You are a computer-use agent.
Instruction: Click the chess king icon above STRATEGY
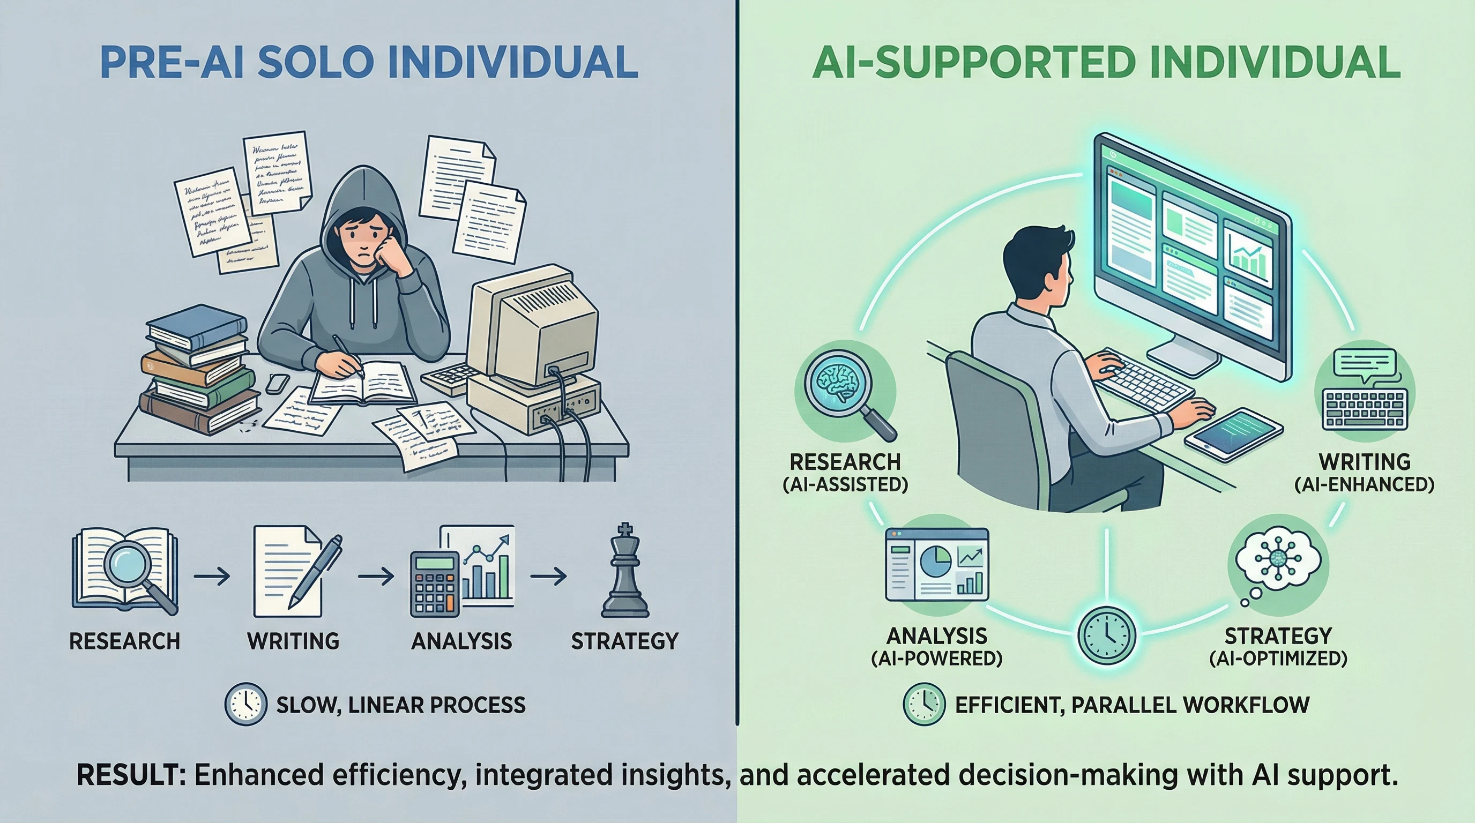(625, 572)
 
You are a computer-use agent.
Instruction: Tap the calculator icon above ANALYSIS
(435, 584)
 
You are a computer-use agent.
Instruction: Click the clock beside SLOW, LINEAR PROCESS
(245, 704)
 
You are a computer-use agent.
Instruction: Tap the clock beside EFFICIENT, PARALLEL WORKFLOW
(923, 704)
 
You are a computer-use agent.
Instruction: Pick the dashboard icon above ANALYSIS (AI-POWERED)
(937, 564)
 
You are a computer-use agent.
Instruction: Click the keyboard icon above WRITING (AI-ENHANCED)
(1365, 409)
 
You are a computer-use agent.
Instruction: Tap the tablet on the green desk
(1233, 433)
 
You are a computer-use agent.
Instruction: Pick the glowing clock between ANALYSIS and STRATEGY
(1106, 636)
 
